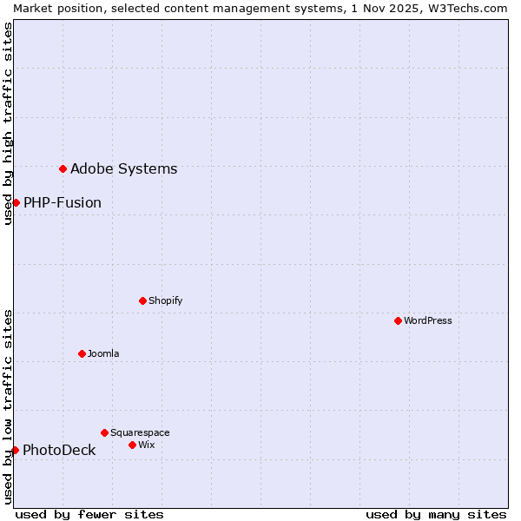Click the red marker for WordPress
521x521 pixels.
[x=398, y=320]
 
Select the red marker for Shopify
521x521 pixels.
[x=142, y=300]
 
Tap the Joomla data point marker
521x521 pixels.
[x=82, y=353]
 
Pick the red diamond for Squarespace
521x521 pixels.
[x=104, y=432]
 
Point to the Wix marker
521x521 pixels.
[x=132, y=445]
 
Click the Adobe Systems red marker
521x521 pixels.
[x=63, y=168]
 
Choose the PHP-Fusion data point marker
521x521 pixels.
[x=16, y=202]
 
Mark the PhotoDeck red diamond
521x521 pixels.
[x=15, y=450]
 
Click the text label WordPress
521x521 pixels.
[x=428, y=320]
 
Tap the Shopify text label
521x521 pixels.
[x=165, y=300]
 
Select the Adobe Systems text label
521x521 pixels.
[x=123, y=168]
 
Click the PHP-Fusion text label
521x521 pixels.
[x=63, y=202]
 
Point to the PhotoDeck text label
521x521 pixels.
[x=59, y=450]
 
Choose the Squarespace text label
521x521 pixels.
[x=140, y=432]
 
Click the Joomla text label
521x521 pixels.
[x=103, y=353]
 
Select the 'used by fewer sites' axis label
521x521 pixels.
[x=89, y=514]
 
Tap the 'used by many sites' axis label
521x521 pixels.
[x=436, y=514]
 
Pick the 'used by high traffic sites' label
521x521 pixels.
[x=8, y=123]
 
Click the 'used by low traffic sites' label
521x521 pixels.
[x=8, y=406]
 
